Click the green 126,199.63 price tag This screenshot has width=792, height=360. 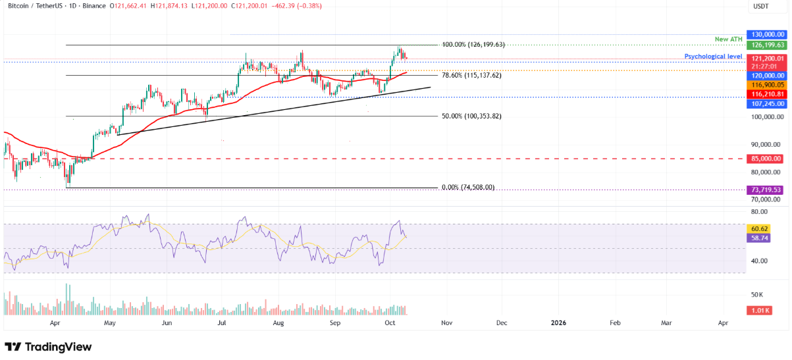(x=764, y=45)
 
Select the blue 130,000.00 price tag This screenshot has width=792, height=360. (x=764, y=34)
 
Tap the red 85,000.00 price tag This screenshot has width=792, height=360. (x=764, y=159)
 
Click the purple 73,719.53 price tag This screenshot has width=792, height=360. (x=764, y=190)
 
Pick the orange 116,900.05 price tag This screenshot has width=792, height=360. (x=764, y=85)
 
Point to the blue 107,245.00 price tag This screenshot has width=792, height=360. (x=764, y=104)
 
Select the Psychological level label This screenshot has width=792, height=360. (x=714, y=57)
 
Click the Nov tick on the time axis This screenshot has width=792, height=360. (x=446, y=323)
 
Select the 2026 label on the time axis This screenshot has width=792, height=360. (x=558, y=323)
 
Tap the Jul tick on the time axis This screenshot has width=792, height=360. (x=223, y=323)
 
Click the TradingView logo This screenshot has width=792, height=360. (x=48, y=347)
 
